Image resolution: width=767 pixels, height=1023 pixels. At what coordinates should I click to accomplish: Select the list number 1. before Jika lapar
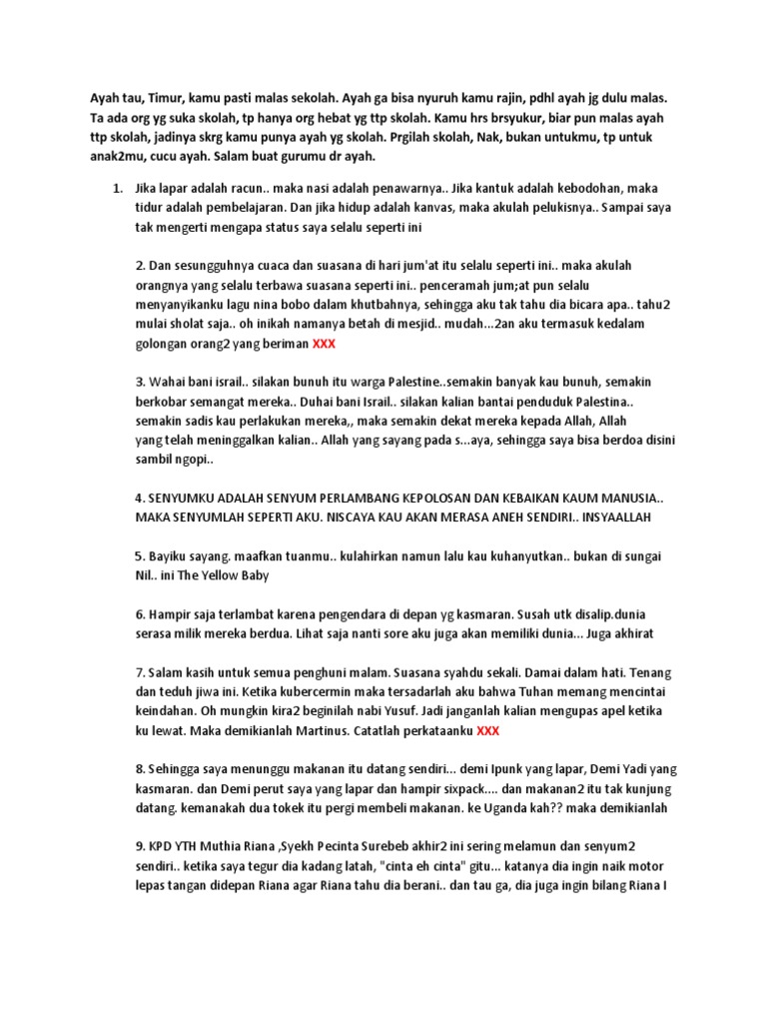point(117,188)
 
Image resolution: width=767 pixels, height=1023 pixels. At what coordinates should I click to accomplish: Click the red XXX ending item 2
point(324,343)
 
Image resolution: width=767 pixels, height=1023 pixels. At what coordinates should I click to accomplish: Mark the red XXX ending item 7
point(488,730)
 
